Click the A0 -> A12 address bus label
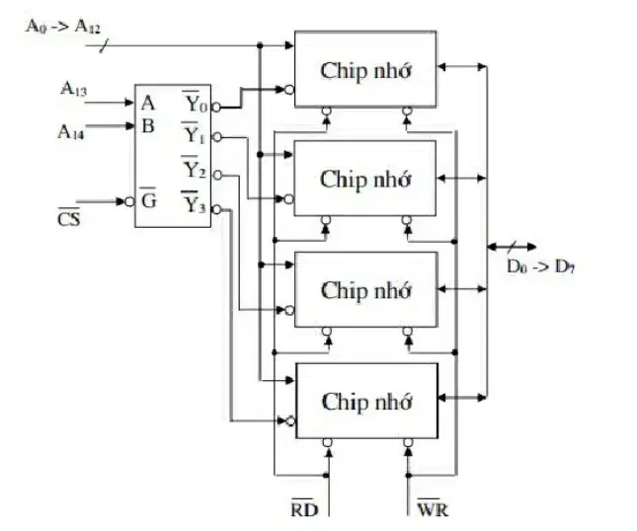click(62, 27)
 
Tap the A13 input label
click(73, 89)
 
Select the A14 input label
click(71, 132)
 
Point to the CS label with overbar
click(69, 217)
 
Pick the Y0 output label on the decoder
click(196, 102)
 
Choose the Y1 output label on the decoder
click(195, 133)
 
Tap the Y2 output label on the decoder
click(195, 168)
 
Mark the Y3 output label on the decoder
click(194, 201)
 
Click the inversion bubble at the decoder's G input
click(129, 201)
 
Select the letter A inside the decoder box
click(148, 104)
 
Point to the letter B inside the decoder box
click(148, 126)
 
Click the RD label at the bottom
click(304, 507)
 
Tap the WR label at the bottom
click(433, 507)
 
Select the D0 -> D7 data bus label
click(541, 266)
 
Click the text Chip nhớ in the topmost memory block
click(365, 71)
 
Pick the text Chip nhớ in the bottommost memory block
click(366, 402)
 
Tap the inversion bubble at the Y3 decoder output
click(216, 209)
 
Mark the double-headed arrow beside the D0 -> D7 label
click(512, 247)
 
